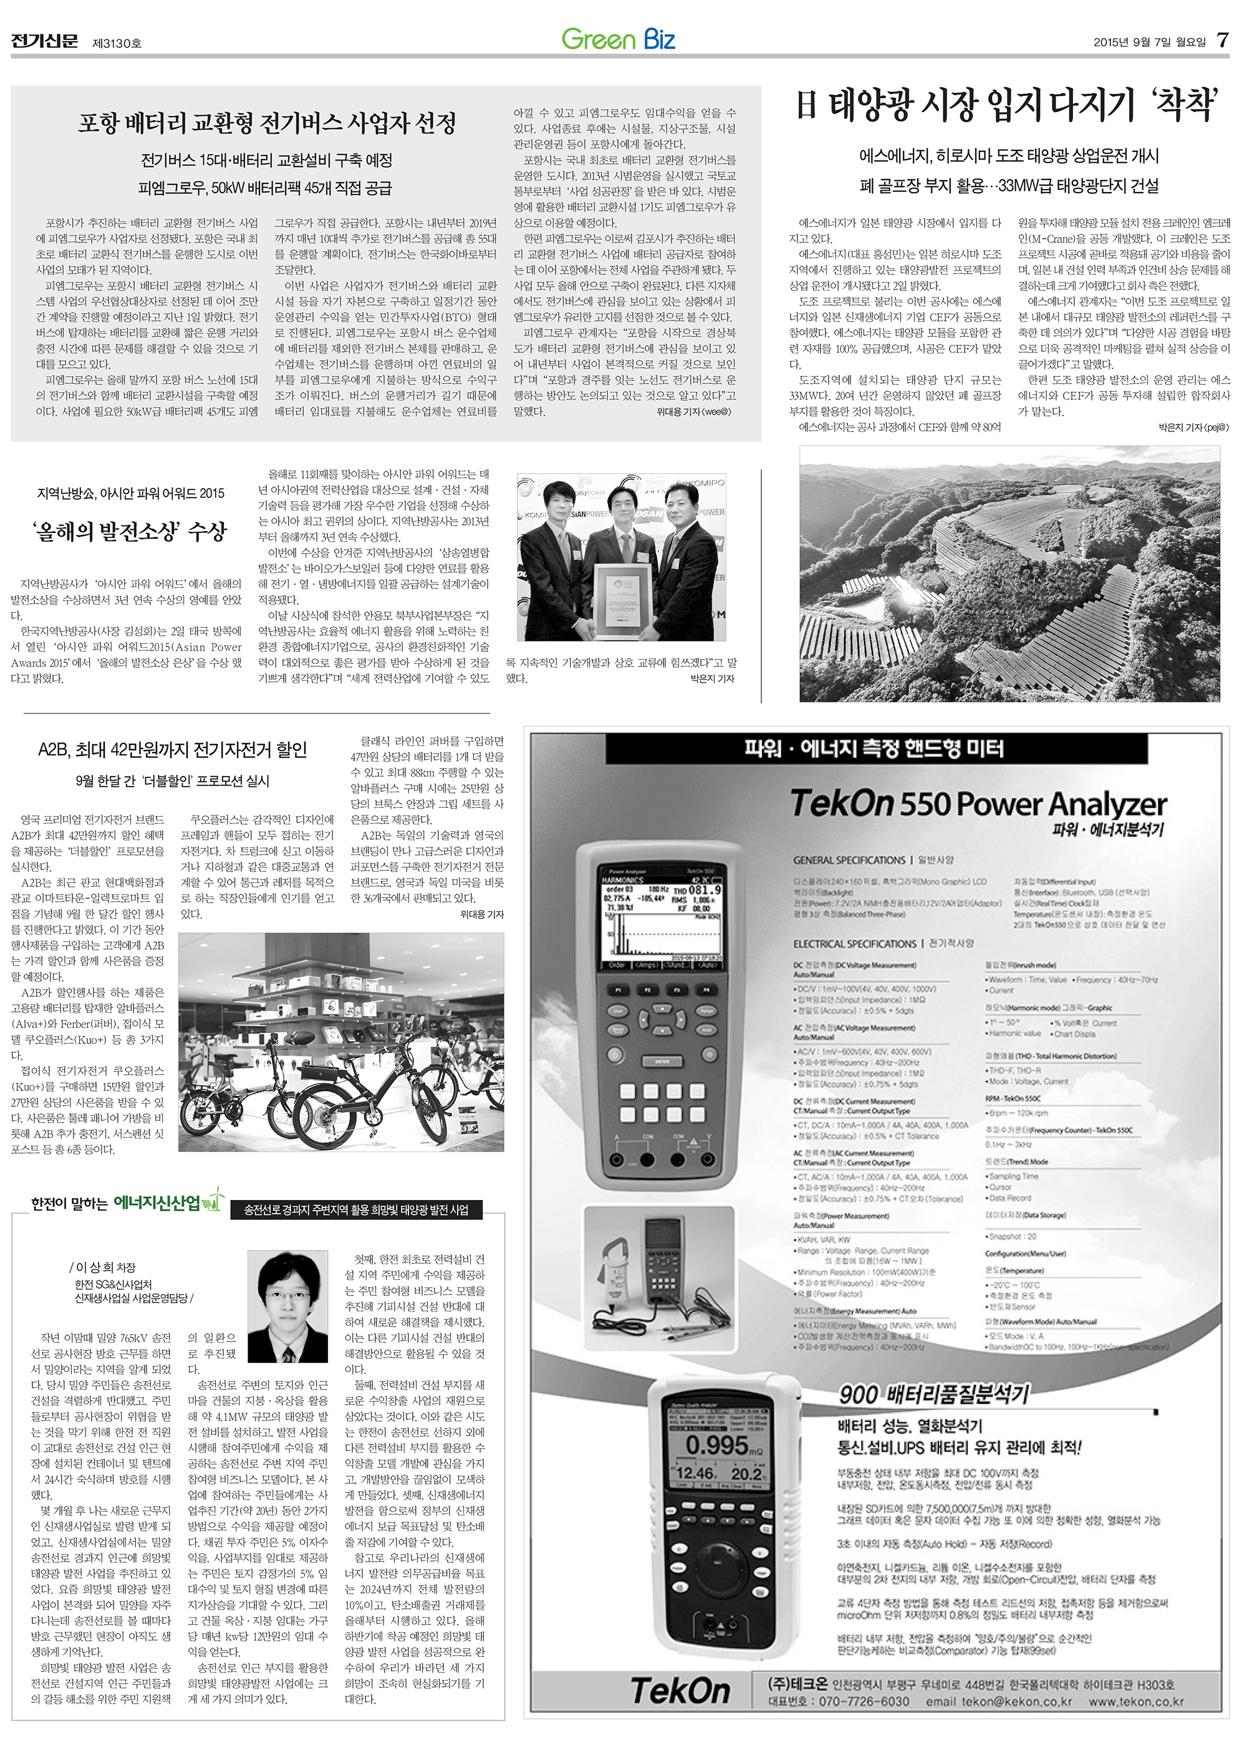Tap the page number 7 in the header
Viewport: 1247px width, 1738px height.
point(1223,41)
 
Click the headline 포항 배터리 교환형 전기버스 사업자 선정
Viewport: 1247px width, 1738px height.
point(267,123)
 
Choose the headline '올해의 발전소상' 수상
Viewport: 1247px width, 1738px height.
point(130,532)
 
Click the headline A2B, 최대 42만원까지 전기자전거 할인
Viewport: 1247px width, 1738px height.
point(173,749)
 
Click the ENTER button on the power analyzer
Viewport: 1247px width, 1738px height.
point(662,1062)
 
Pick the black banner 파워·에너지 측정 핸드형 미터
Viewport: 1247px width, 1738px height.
point(874,749)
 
